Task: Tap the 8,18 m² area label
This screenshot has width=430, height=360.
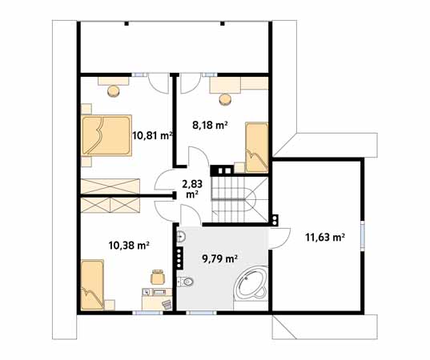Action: pyautogui.click(x=210, y=125)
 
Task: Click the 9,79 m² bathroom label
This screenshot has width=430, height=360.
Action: pyautogui.click(x=219, y=258)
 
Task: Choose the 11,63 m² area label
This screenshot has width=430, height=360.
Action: pyautogui.click(x=324, y=237)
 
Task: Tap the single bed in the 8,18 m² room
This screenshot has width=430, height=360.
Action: pyautogui.click(x=256, y=146)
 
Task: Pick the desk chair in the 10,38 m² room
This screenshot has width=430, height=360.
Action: pyautogui.click(x=158, y=276)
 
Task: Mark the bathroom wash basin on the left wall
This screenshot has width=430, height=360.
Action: pyautogui.click(x=182, y=236)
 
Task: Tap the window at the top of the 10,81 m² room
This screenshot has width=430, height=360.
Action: pyautogui.click(x=140, y=74)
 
